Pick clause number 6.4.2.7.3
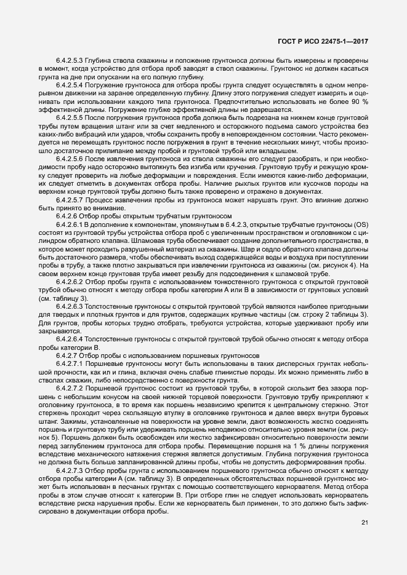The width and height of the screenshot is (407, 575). coord(70,469)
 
